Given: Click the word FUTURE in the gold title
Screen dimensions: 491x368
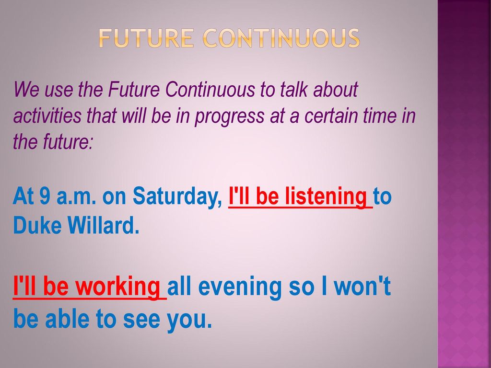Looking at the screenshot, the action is pos(146,38).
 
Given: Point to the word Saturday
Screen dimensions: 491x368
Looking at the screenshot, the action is pos(177,197).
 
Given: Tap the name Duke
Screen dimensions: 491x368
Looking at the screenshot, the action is pos(37,225).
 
